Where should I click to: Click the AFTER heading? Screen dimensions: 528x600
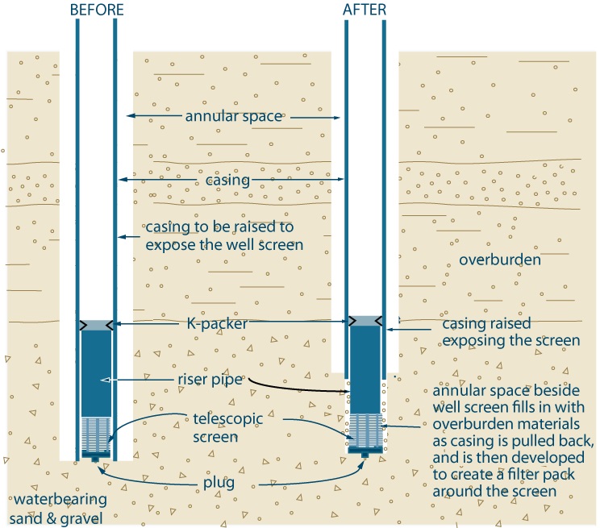[365, 10]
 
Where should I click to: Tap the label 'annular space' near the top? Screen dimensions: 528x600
[234, 117]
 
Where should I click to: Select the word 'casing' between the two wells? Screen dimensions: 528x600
[227, 180]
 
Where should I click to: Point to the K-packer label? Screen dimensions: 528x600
[231, 324]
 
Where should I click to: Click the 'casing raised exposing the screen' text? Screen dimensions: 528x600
[510, 333]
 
